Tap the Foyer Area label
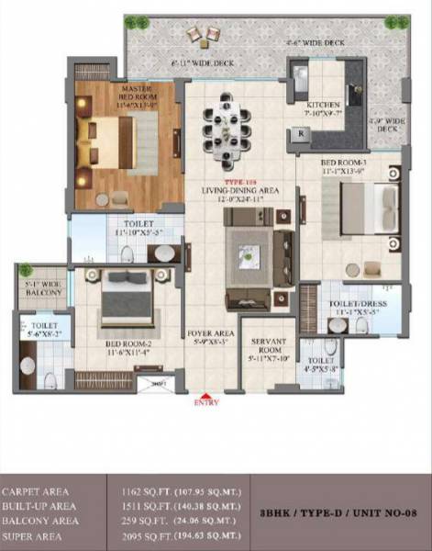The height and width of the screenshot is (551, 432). (212, 337)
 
